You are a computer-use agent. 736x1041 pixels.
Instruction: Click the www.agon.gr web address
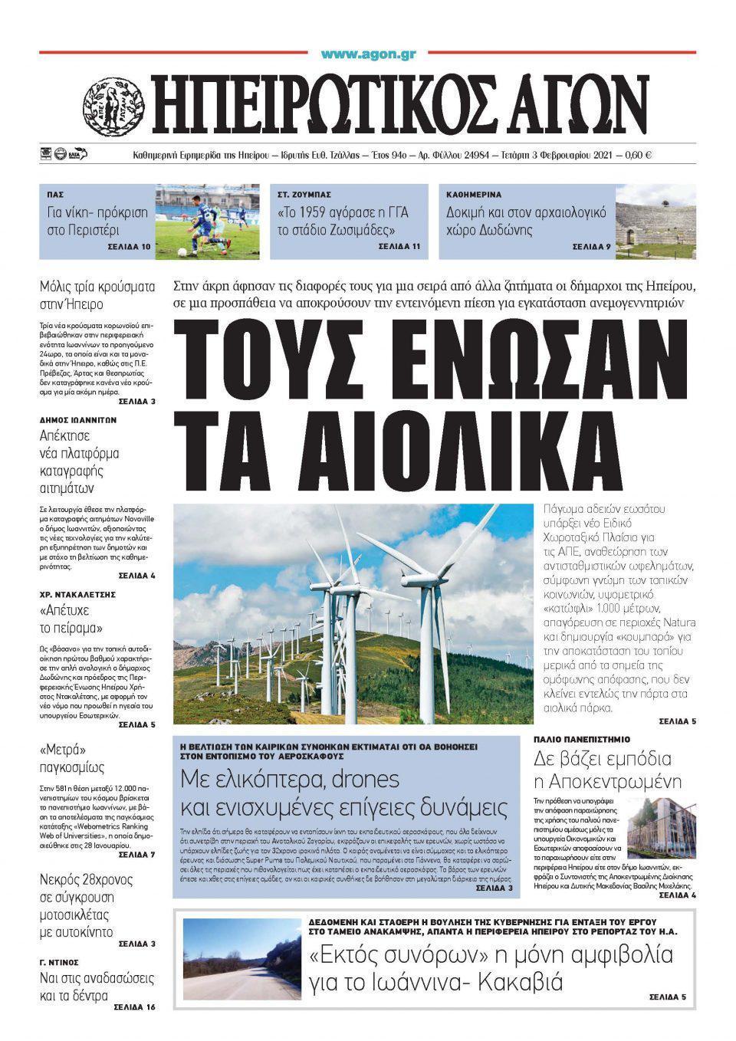(368, 54)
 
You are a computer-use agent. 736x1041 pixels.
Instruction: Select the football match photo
(207, 221)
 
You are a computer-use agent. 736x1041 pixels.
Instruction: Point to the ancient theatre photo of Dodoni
(655, 221)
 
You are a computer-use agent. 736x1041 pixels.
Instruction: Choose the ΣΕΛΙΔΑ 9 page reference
(592, 248)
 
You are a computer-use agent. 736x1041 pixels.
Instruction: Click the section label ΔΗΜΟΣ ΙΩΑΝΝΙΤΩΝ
(77, 420)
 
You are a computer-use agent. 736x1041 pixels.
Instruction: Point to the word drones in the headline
(361, 780)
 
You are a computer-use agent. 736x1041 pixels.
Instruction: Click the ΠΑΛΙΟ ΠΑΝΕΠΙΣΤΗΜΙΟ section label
(582, 739)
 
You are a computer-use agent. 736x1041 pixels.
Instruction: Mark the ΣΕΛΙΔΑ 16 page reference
(133, 1007)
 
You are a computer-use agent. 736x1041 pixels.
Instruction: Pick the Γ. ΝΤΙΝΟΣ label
(59, 961)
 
